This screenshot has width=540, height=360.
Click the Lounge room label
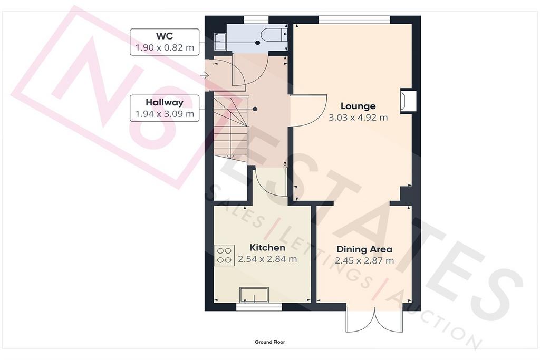(x=358, y=106)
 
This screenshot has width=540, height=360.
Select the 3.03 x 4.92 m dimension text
(x=358, y=118)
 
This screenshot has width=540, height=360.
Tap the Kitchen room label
(x=267, y=247)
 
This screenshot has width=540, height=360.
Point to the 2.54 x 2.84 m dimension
(x=267, y=259)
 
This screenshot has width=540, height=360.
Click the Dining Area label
(x=364, y=249)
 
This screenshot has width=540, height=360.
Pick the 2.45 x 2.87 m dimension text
(x=364, y=260)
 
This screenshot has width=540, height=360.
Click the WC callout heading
(x=165, y=36)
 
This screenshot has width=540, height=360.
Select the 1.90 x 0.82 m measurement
(x=165, y=47)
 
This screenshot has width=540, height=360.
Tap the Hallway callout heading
(x=165, y=102)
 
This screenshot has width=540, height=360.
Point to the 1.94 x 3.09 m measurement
(x=165, y=114)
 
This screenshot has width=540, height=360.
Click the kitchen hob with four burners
(x=224, y=255)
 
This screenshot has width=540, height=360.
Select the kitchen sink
(x=254, y=296)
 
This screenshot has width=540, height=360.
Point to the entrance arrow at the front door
(x=204, y=75)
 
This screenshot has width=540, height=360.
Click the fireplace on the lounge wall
(x=408, y=102)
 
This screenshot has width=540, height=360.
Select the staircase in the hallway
(x=230, y=129)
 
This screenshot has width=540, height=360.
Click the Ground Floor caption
(x=270, y=342)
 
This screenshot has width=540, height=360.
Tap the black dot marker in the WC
(x=257, y=43)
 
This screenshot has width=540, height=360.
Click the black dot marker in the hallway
(x=255, y=109)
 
